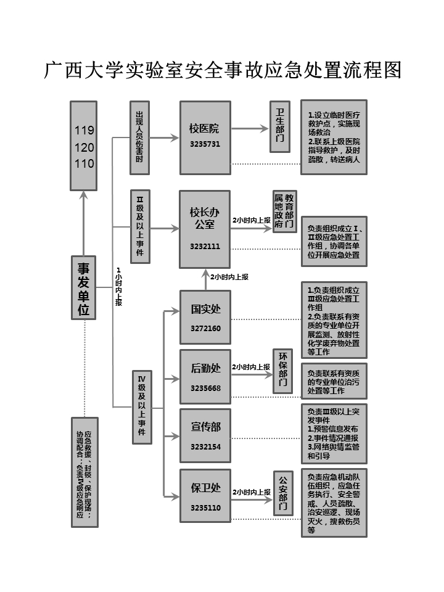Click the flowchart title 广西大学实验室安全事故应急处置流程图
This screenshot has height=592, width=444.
tap(222, 70)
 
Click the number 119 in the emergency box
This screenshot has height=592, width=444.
tap(84, 131)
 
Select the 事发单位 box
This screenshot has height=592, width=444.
tap(83, 289)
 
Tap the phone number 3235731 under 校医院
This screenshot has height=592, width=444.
tap(205, 144)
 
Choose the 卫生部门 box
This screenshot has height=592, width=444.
tap(280, 126)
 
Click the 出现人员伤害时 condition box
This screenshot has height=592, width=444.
tap(139, 138)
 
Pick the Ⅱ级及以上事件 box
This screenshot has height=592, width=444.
tap(139, 226)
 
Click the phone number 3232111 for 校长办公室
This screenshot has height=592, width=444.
tap(205, 246)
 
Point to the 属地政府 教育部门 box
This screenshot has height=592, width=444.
tap(284, 212)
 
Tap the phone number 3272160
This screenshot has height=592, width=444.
tap(205, 328)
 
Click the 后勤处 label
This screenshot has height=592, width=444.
tap(205, 368)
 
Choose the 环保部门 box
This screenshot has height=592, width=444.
tap(282, 371)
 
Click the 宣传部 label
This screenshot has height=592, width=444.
tap(205, 427)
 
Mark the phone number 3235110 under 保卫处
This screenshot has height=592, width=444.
tap(205, 508)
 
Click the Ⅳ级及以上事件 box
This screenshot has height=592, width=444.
tap(142, 407)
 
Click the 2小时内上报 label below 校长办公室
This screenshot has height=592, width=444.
tap(229, 277)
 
